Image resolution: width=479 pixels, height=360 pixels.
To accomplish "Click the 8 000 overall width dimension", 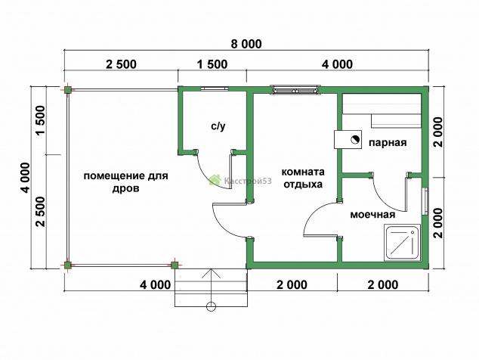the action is click(246, 44).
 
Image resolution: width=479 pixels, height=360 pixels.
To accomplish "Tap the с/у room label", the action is click(218, 126).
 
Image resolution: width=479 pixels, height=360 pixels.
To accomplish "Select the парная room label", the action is click(388, 143).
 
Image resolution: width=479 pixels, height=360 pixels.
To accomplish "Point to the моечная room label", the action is click(372, 215).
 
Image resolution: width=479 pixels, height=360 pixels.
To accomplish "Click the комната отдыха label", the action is click(303, 178).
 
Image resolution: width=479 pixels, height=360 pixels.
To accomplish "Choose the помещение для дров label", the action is click(126, 182).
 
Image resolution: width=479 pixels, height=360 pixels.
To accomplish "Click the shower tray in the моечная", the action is click(403, 242).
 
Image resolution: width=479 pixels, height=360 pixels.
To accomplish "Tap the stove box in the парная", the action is click(348, 139).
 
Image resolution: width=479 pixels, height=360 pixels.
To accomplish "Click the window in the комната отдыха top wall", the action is click(296, 90).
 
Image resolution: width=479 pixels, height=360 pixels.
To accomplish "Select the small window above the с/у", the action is click(215, 89).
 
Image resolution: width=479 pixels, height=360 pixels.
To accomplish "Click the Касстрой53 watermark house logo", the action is click(215, 180).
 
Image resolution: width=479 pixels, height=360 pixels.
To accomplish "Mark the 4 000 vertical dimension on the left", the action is click(26, 178).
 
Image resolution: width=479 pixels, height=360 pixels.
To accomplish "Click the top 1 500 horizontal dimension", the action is click(212, 64).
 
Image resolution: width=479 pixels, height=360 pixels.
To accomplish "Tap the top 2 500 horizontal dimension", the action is click(122, 64).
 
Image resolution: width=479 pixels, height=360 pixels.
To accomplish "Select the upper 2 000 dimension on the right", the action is click(438, 132).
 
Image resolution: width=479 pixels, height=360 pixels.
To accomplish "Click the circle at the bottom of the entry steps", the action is click(211, 306).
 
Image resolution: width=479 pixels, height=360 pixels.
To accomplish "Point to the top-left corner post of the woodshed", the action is click(68, 90).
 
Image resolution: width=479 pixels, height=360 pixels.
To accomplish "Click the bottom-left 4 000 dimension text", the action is click(155, 285).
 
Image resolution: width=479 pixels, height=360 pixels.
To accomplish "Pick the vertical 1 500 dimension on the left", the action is click(41, 120).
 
